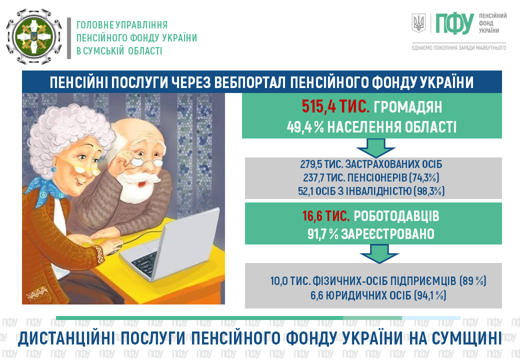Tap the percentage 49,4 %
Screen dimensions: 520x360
click(305, 127)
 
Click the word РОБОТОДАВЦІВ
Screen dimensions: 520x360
click(396, 216)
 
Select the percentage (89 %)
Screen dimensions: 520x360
click(473, 281)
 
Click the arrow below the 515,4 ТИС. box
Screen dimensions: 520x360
click(375, 148)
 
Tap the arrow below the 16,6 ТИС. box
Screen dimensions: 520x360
click(379, 254)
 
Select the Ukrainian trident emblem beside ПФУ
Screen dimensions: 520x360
click(418, 23)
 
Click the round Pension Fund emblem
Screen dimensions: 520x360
click(34, 36)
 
